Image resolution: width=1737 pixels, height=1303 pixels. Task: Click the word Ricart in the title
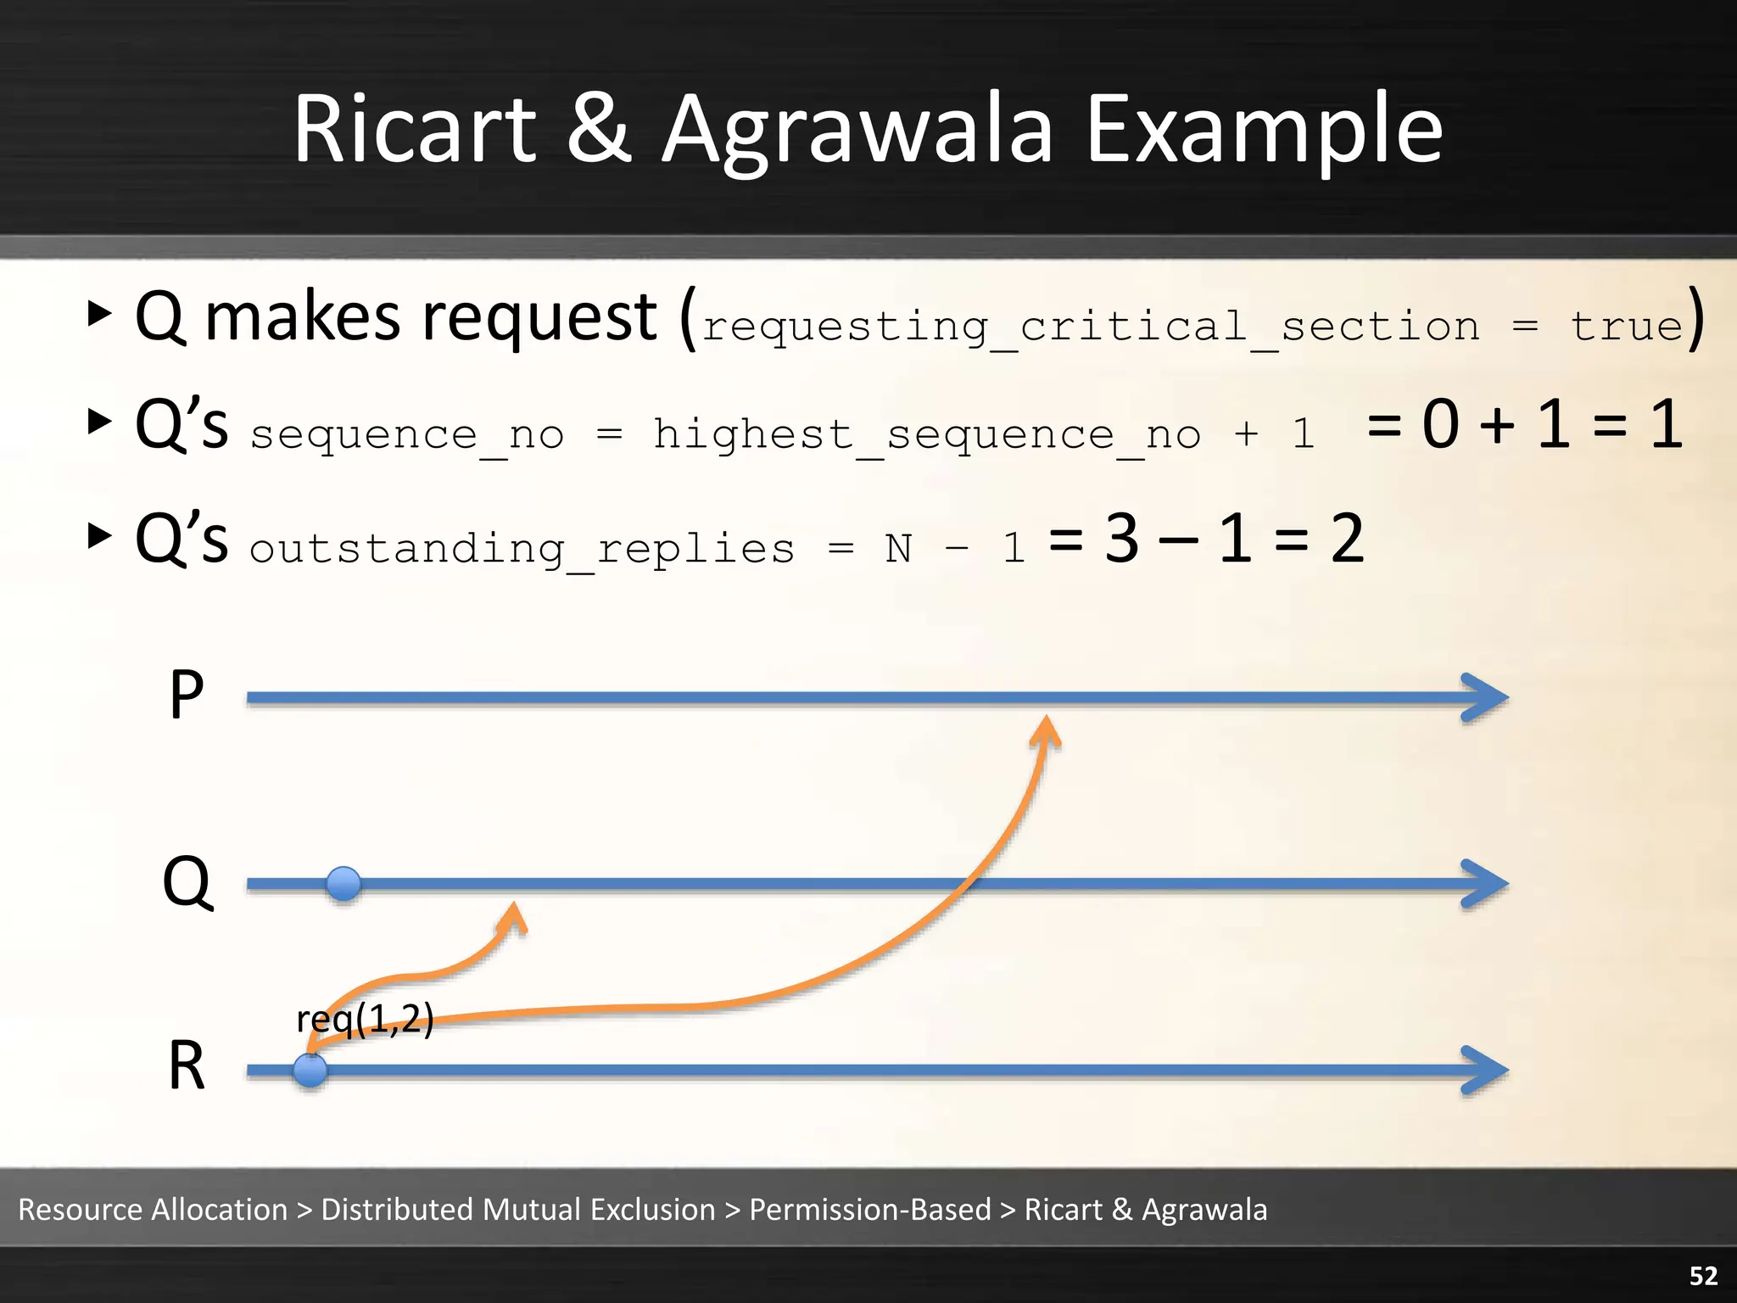click(414, 129)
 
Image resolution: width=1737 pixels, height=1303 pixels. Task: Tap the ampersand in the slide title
click(599, 129)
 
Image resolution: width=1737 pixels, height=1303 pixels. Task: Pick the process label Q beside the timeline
click(187, 882)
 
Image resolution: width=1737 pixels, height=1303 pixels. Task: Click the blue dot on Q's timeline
click(343, 884)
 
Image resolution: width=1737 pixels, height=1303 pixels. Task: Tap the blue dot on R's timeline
click(310, 1071)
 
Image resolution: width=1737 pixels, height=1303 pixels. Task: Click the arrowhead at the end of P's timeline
click(1486, 697)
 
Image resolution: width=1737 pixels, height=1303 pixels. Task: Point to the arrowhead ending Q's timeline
click(1486, 884)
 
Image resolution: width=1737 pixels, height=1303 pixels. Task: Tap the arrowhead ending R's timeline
click(1486, 1071)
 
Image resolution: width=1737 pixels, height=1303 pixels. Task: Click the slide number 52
click(1703, 1276)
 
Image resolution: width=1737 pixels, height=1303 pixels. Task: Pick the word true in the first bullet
click(1626, 326)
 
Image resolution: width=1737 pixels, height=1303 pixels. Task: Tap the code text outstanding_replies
click(522, 548)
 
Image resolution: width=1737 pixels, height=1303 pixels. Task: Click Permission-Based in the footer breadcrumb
click(869, 1209)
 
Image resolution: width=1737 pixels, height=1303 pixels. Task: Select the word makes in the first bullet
click(302, 317)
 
